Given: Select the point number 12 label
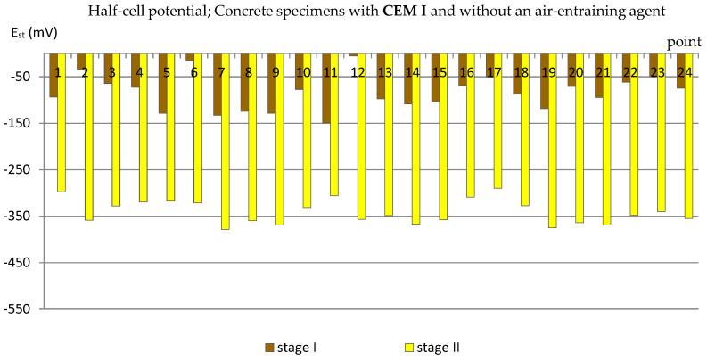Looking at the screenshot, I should (358, 71).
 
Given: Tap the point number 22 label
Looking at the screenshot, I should (630, 71).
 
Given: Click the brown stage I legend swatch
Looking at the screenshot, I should (268, 348).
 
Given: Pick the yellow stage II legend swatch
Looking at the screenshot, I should (409, 348).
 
